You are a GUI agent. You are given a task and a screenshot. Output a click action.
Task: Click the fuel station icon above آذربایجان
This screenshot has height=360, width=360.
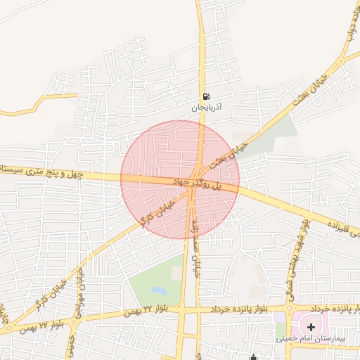pos(205,97)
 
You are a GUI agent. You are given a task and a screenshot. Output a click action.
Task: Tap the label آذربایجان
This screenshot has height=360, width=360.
pos(207,108)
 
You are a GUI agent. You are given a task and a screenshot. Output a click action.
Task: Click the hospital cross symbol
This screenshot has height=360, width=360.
pos(311,327)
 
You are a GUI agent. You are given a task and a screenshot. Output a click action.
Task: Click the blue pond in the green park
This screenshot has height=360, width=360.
pos(160,290)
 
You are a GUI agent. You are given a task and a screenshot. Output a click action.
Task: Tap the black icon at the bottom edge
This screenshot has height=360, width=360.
pos(254,356)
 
